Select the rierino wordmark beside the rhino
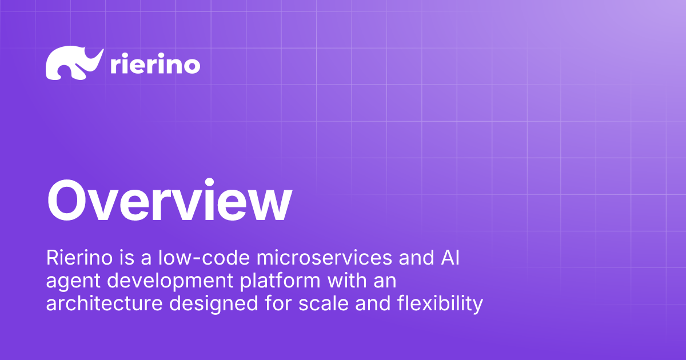[x=155, y=63]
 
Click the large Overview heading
[x=169, y=201]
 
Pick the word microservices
[x=324, y=258]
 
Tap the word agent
[x=73, y=282]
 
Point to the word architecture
[x=104, y=303]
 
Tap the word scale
[x=324, y=303]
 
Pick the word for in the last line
[x=278, y=303]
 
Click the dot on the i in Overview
[x=209, y=182]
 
